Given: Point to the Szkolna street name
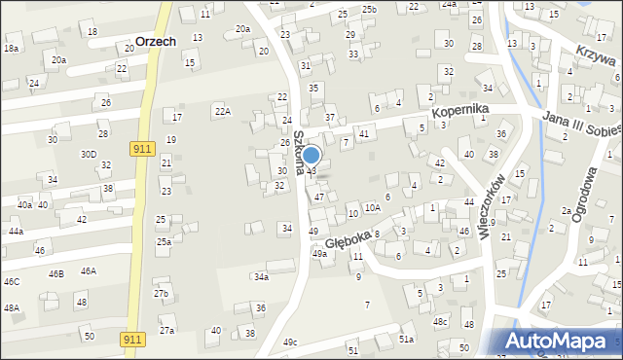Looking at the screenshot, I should pyautogui.click(x=300, y=154).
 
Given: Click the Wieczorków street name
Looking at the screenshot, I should pyautogui.click(x=492, y=204).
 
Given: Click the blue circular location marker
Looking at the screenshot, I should pyautogui.click(x=311, y=156).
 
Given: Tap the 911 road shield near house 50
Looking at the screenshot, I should pyautogui.click(x=133, y=339).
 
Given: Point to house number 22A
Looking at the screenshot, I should pyautogui.click(x=223, y=112).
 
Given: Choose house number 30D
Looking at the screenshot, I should pyautogui.click(x=89, y=154).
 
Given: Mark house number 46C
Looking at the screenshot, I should pyautogui.click(x=11, y=282).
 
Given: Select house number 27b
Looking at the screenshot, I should pyautogui.click(x=161, y=294).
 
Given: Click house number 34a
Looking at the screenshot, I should pyautogui.click(x=261, y=277).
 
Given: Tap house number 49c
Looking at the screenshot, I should pyautogui.click(x=290, y=342).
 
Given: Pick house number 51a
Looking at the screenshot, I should pyautogui.click(x=406, y=339).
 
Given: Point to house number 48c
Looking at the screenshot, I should pyautogui.click(x=441, y=322).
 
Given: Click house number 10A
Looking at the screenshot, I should pyautogui.click(x=372, y=207).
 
